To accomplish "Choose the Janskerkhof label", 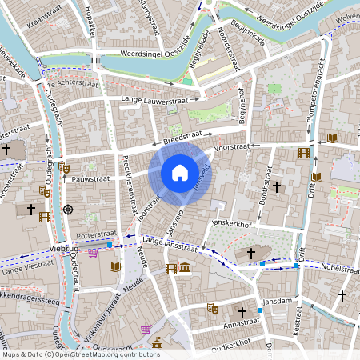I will pyautogui.click(x=231, y=225).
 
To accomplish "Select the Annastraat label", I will pyautogui.click(x=242, y=325).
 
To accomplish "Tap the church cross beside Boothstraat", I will pyautogui.click(x=277, y=186).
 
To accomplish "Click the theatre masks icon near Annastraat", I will pyautogui.click(x=212, y=308).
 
